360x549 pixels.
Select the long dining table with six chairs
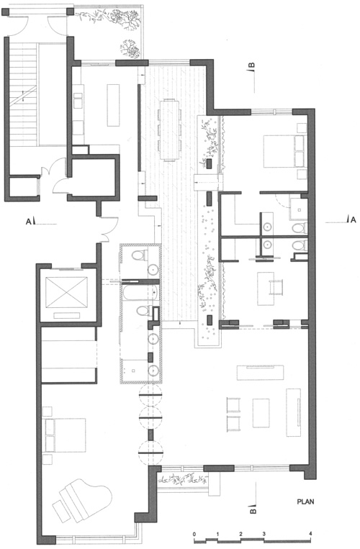(x=169, y=130)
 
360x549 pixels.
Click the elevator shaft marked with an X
(x=66, y=292)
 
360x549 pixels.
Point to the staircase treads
(x=24, y=94)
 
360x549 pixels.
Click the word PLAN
(x=305, y=502)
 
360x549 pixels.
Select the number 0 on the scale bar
(x=194, y=534)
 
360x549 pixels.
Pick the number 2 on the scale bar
(x=240, y=534)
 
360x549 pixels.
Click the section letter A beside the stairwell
(x=28, y=222)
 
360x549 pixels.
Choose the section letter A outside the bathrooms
(x=353, y=219)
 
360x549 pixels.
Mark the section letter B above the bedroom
(x=251, y=65)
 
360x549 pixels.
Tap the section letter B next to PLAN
(x=253, y=510)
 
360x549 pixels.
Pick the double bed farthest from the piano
(x=284, y=151)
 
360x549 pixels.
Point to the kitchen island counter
(x=114, y=104)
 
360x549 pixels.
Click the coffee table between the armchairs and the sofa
(x=261, y=413)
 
